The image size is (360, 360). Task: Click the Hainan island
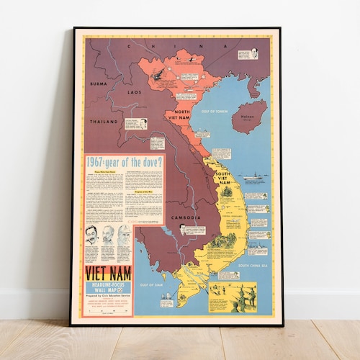click(250, 115)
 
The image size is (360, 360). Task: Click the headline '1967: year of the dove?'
click(124, 162)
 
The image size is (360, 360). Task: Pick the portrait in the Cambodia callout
click(183, 229)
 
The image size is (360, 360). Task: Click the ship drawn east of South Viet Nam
click(253, 176)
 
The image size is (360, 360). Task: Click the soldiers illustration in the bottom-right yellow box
click(243, 297)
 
